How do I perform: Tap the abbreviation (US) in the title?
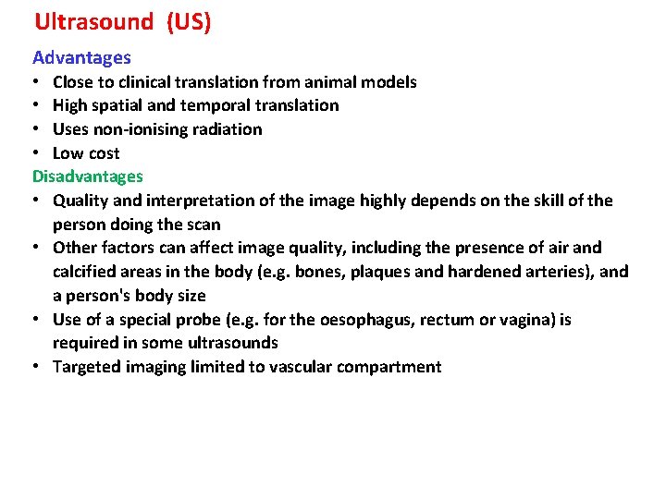(189, 22)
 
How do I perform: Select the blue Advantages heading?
(81, 58)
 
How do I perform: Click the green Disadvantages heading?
(88, 176)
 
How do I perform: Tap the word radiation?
(228, 129)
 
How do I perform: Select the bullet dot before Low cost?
(37, 153)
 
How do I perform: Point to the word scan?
(203, 225)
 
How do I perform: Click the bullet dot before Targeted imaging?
(37, 367)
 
